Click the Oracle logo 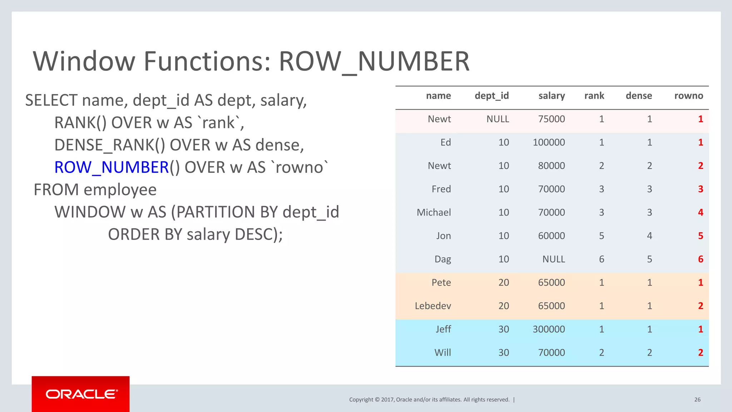point(81,394)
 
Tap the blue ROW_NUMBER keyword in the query point(112,167)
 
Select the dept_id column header point(491,96)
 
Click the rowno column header point(688,96)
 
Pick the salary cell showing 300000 point(549,329)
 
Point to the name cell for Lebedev point(433,306)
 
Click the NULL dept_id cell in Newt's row point(498,119)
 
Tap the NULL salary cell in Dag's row point(553,259)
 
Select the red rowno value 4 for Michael point(701,212)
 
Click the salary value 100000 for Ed point(549,142)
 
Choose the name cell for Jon point(443,236)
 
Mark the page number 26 point(697,399)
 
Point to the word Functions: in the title point(208,61)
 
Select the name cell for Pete point(441,283)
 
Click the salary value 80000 point(551,166)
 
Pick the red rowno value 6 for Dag point(701,259)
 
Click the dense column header point(639,96)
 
